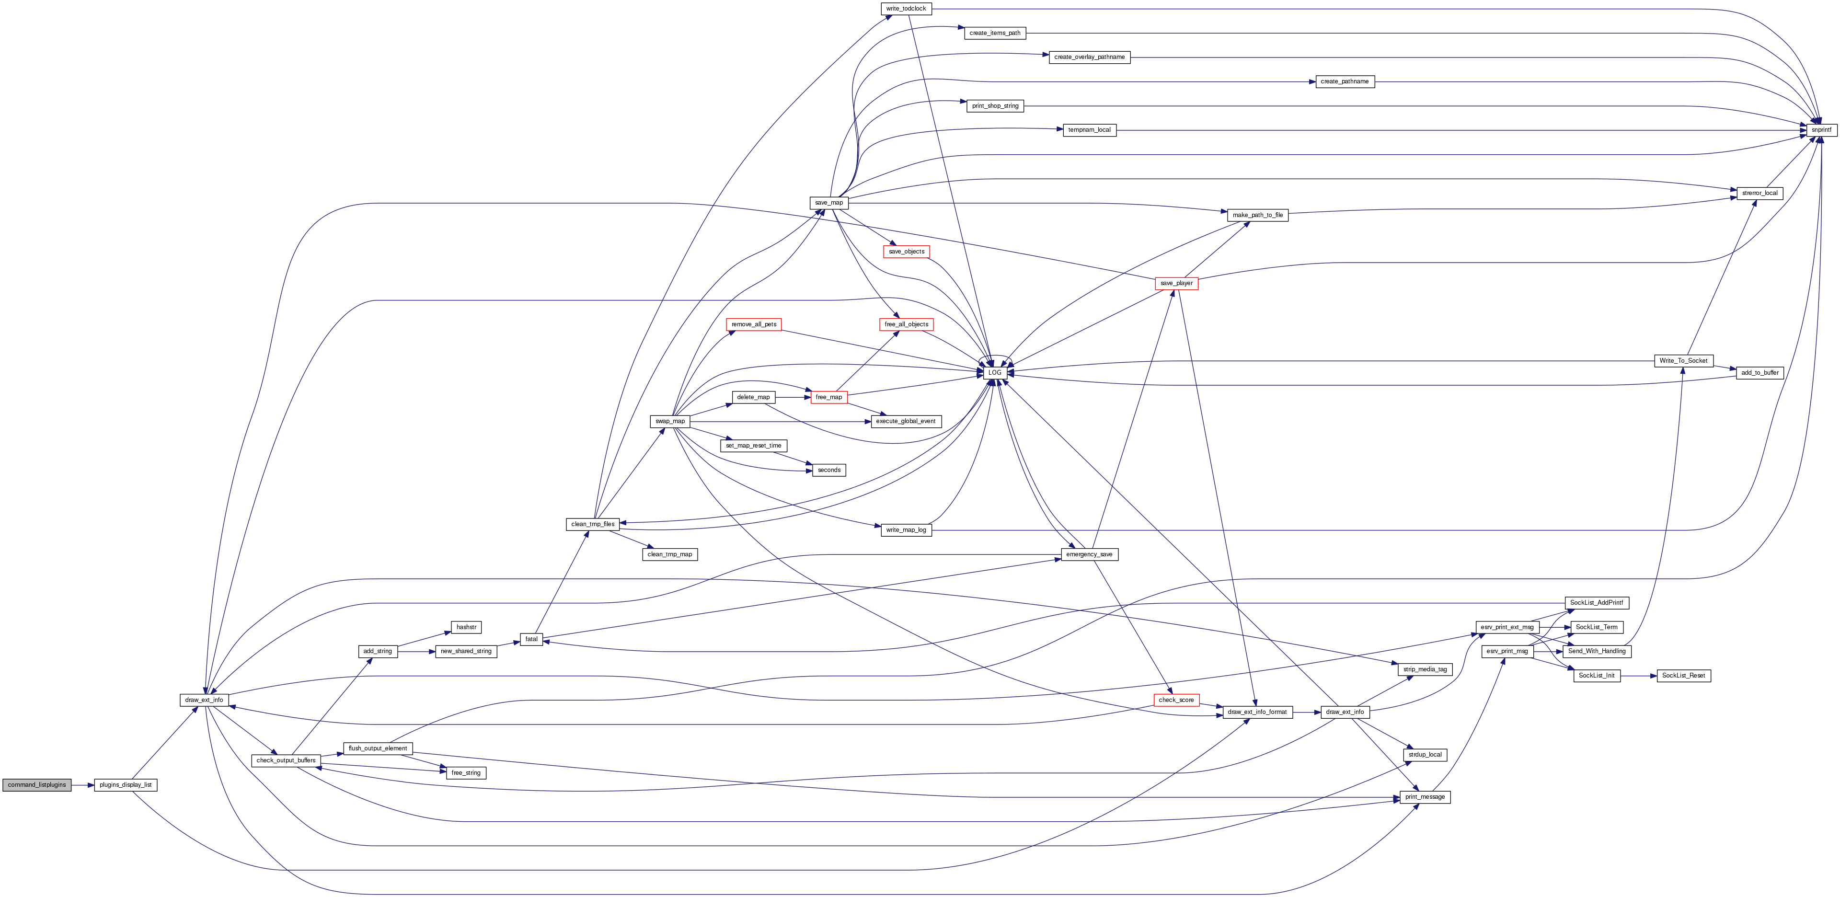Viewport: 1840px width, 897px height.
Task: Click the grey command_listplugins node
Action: [x=37, y=785]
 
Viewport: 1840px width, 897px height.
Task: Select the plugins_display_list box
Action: [x=126, y=785]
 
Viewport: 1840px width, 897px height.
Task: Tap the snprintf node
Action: [x=1821, y=130]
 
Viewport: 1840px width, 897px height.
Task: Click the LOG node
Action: [x=995, y=373]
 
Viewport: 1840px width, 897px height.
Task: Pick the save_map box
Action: [x=828, y=203]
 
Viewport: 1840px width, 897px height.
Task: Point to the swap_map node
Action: [x=670, y=421]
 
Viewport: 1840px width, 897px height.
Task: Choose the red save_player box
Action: [x=1176, y=284]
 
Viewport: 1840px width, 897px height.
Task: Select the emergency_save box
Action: [x=1089, y=554]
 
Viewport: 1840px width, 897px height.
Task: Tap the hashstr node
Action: [x=466, y=627]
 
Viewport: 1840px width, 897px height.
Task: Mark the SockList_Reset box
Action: [x=1684, y=676]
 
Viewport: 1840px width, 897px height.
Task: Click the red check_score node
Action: [x=1176, y=700]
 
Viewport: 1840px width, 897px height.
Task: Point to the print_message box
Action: [x=1425, y=797]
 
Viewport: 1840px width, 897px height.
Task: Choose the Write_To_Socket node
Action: [x=1684, y=361]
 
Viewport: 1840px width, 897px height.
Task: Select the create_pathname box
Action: [x=1345, y=81]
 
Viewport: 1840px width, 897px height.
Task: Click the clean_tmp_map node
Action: [x=670, y=554]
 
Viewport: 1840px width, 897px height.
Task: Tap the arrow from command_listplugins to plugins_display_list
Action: [x=83, y=785]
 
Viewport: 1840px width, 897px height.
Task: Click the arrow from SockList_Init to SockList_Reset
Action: [x=1639, y=676]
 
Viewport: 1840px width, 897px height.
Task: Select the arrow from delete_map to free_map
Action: [x=793, y=397]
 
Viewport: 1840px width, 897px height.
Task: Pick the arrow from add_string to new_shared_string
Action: [x=416, y=651]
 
